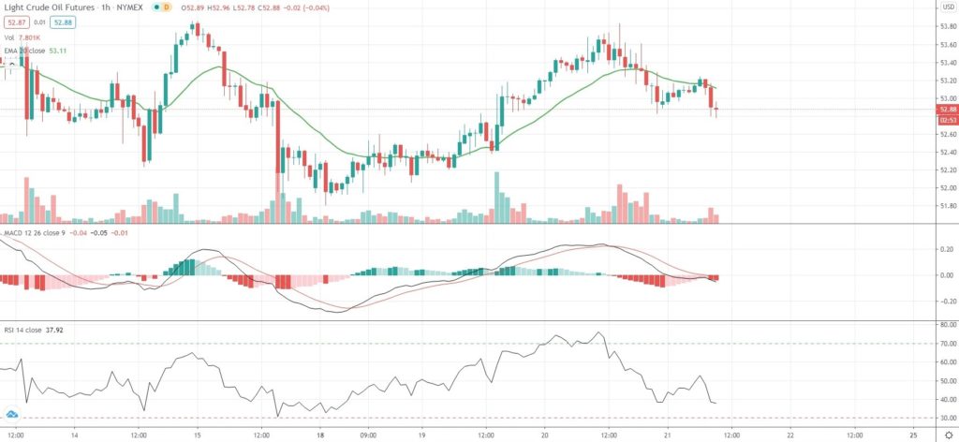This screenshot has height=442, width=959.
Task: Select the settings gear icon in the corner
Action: (946, 435)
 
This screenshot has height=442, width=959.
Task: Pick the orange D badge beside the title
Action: (167, 7)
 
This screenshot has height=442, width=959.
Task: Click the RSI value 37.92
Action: (68, 328)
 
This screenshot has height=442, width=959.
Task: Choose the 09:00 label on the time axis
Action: (368, 435)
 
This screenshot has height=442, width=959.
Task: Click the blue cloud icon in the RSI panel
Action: (11, 413)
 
